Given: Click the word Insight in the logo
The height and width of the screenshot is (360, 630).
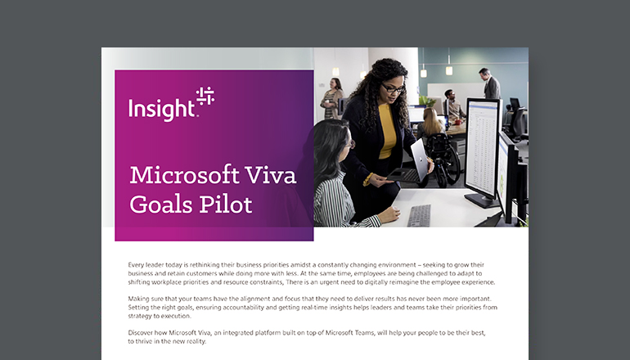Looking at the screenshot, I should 161,108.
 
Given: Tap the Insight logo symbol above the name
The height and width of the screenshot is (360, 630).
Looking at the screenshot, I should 205,96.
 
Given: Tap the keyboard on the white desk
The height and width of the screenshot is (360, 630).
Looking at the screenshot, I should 419,215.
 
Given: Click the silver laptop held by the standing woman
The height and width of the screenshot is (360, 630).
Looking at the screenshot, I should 419,159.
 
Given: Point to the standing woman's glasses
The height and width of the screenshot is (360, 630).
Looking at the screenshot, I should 394,88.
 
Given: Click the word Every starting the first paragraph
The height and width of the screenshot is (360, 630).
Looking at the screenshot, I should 138,266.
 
